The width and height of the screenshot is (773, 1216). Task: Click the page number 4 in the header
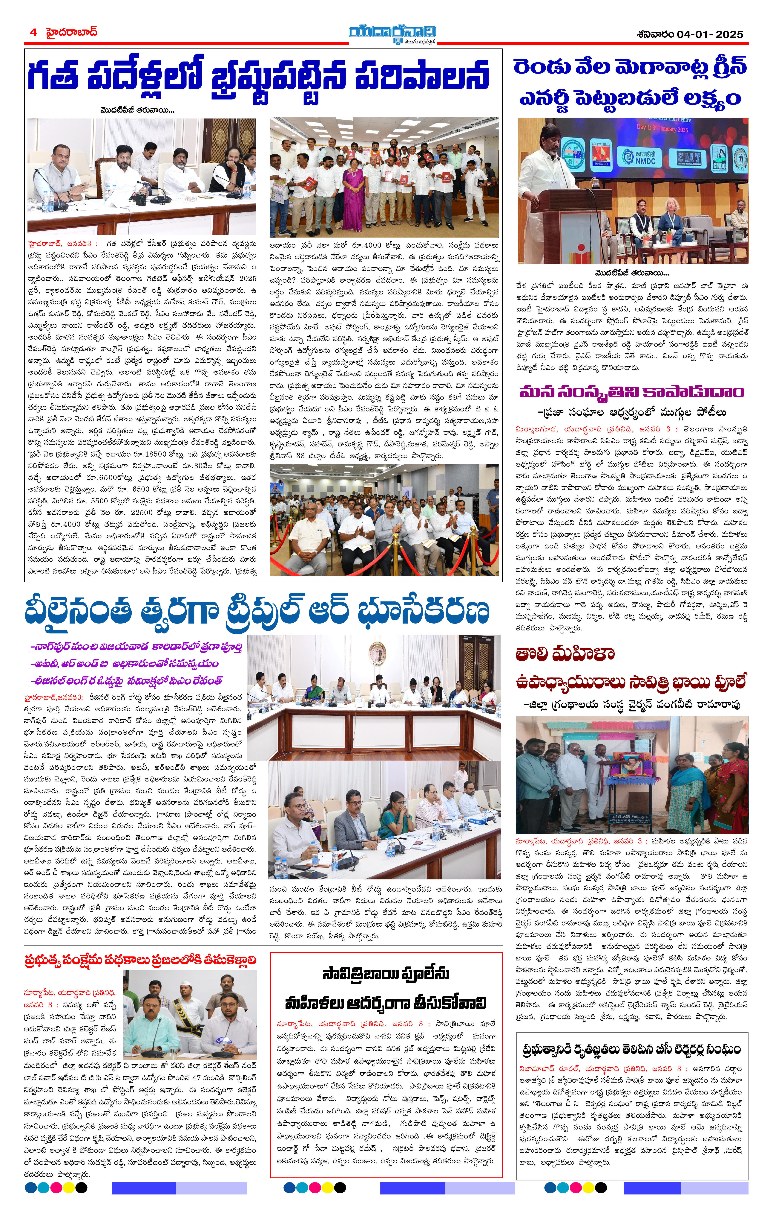click(33, 32)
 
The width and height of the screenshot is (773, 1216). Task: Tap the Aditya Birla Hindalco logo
click(601, 154)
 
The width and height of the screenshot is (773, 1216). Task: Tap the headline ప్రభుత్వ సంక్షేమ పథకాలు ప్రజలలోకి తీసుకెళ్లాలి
click(140, 960)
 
